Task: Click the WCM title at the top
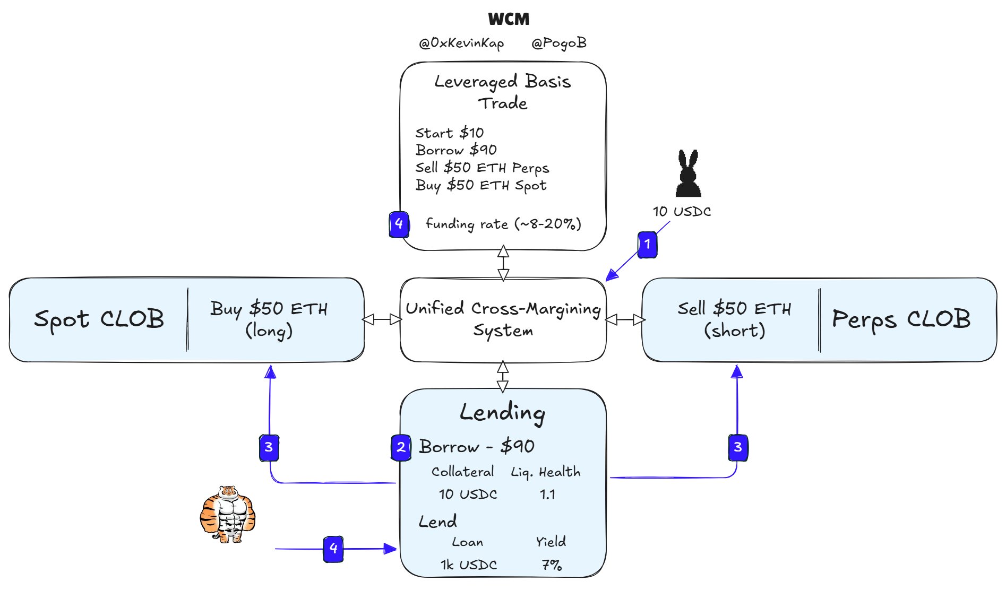pyautogui.click(x=509, y=19)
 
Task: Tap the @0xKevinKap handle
pyautogui.click(x=461, y=43)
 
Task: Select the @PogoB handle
pyautogui.click(x=559, y=43)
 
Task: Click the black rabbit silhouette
pyautogui.click(x=688, y=173)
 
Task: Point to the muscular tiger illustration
pyautogui.click(x=228, y=514)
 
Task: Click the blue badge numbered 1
pyautogui.click(x=647, y=245)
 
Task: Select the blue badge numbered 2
pyautogui.click(x=401, y=447)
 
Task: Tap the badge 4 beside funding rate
pyautogui.click(x=399, y=224)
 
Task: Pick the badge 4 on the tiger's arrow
pyautogui.click(x=333, y=549)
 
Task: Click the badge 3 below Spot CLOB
pyautogui.click(x=269, y=447)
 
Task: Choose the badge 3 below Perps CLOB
pyautogui.click(x=738, y=447)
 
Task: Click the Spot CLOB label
pyautogui.click(x=99, y=319)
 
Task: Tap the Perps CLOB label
pyautogui.click(x=901, y=319)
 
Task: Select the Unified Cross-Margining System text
pyautogui.click(x=503, y=319)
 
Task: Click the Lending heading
pyautogui.click(x=503, y=413)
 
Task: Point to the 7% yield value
pyautogui.click(x=552, y=565)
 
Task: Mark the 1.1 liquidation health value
pyautogui.click(x=547, y=494)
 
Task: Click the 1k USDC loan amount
pyautogui.click(x=469, y=565)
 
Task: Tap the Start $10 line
pyautogui.click(x=450, y=133)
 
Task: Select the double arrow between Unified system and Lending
pyautogui.click(x=503, y=377)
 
